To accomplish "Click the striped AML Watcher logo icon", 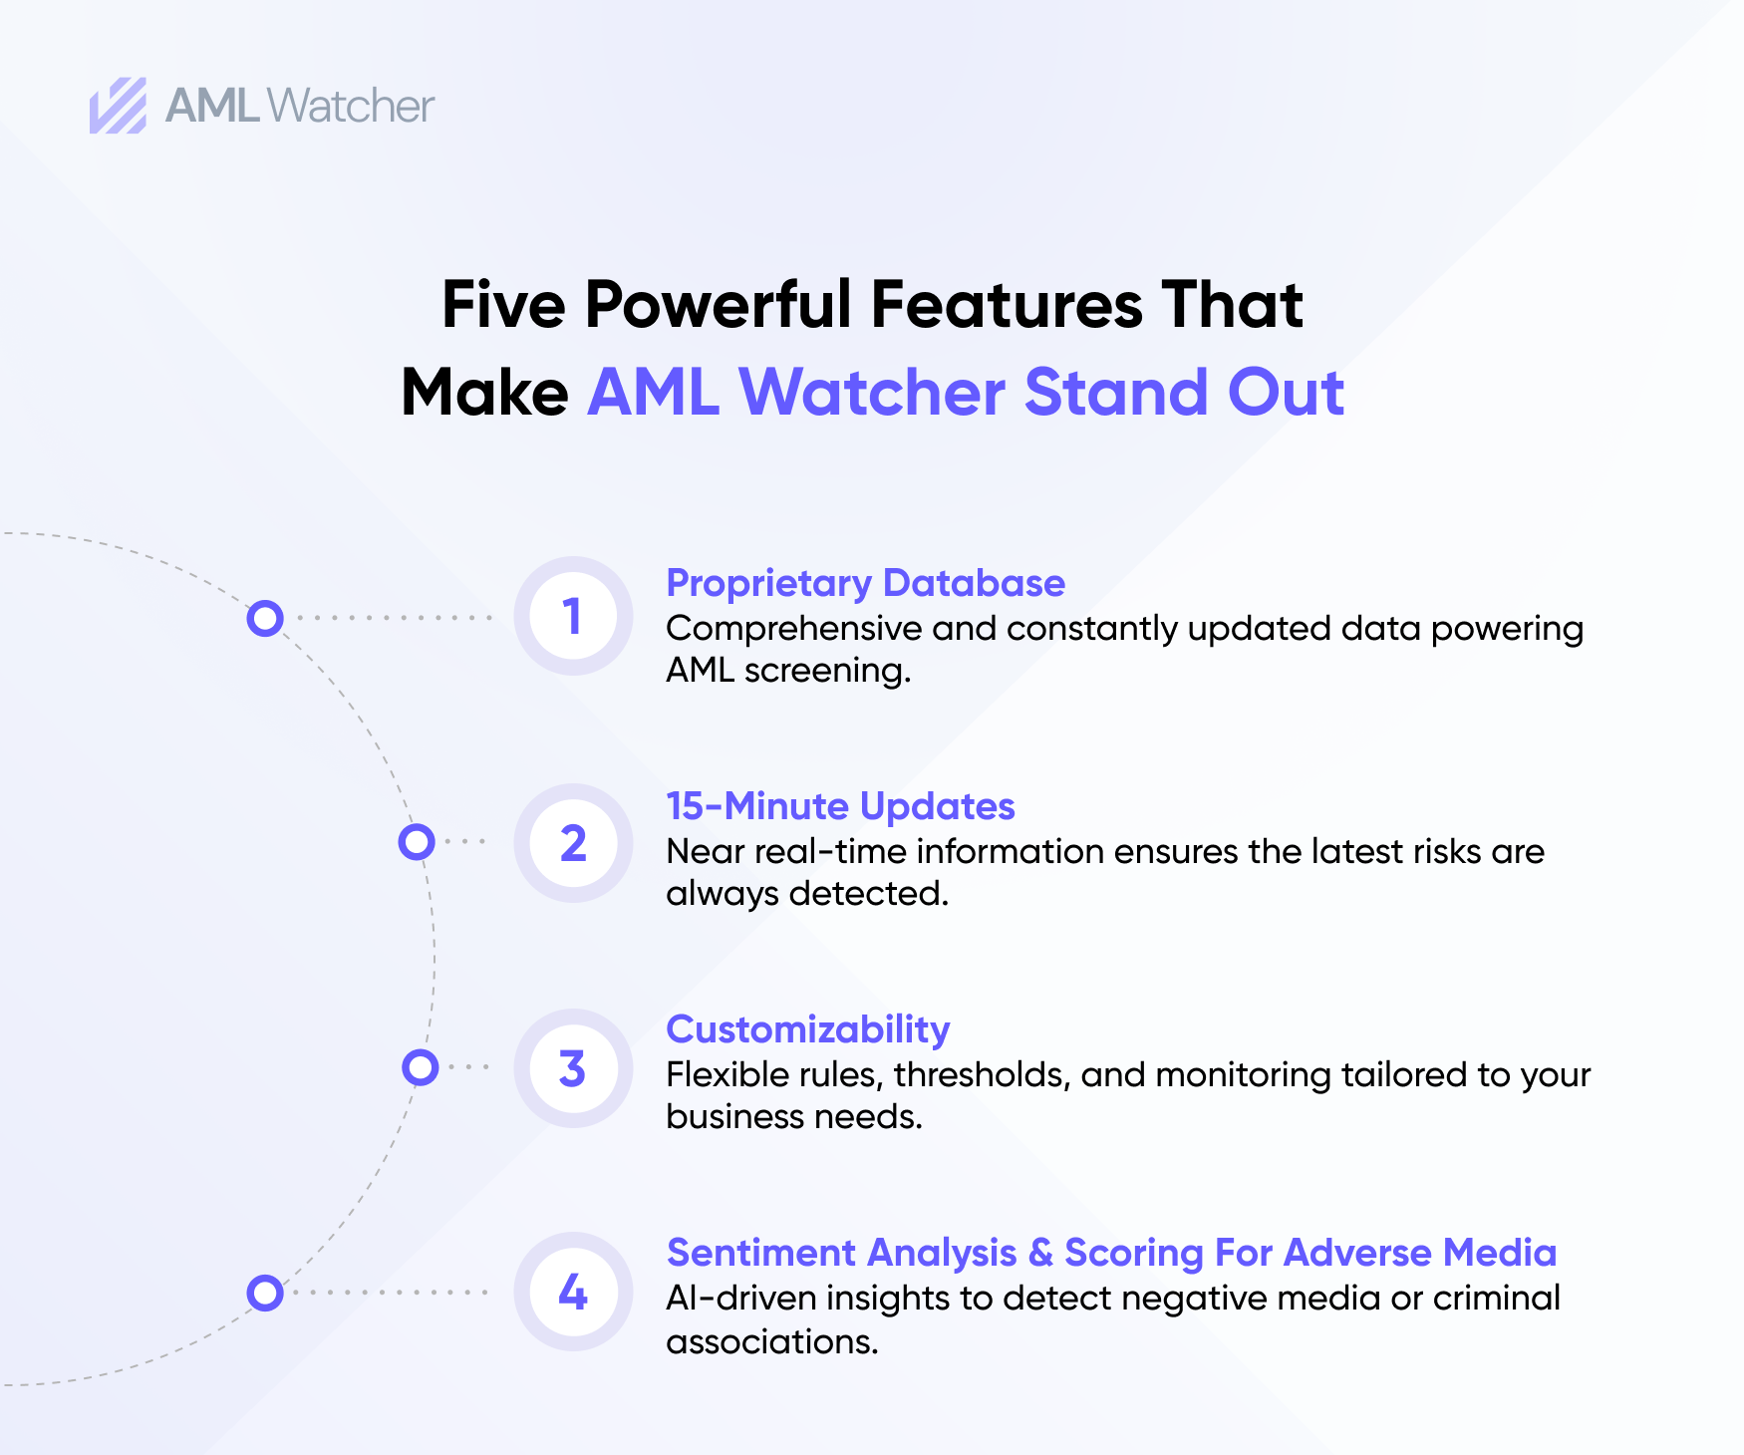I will click(x=118, y=106).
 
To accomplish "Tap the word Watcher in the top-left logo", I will click(x=351, y=106).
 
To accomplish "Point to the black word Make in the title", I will click(x=484, y=392).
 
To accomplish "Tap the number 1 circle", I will click(x=572, y=616).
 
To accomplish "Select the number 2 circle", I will click(x=572, y=843).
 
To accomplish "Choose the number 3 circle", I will click(x=572, y=1068).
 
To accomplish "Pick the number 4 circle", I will click(x=572, y=1293).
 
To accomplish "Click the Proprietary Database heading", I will click(x=865, y=583).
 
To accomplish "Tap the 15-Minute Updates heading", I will click(x=840, y=806).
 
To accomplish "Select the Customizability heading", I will click(x=807, y=1029).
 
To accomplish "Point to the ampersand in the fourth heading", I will click(x=1040, y=1253).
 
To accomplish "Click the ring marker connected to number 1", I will click(x=265, y=618).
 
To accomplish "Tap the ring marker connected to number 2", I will click(x=417, y=842).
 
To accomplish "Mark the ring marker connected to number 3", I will click(x=421, y=1067).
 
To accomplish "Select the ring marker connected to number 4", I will click(x=265, y=1293).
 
